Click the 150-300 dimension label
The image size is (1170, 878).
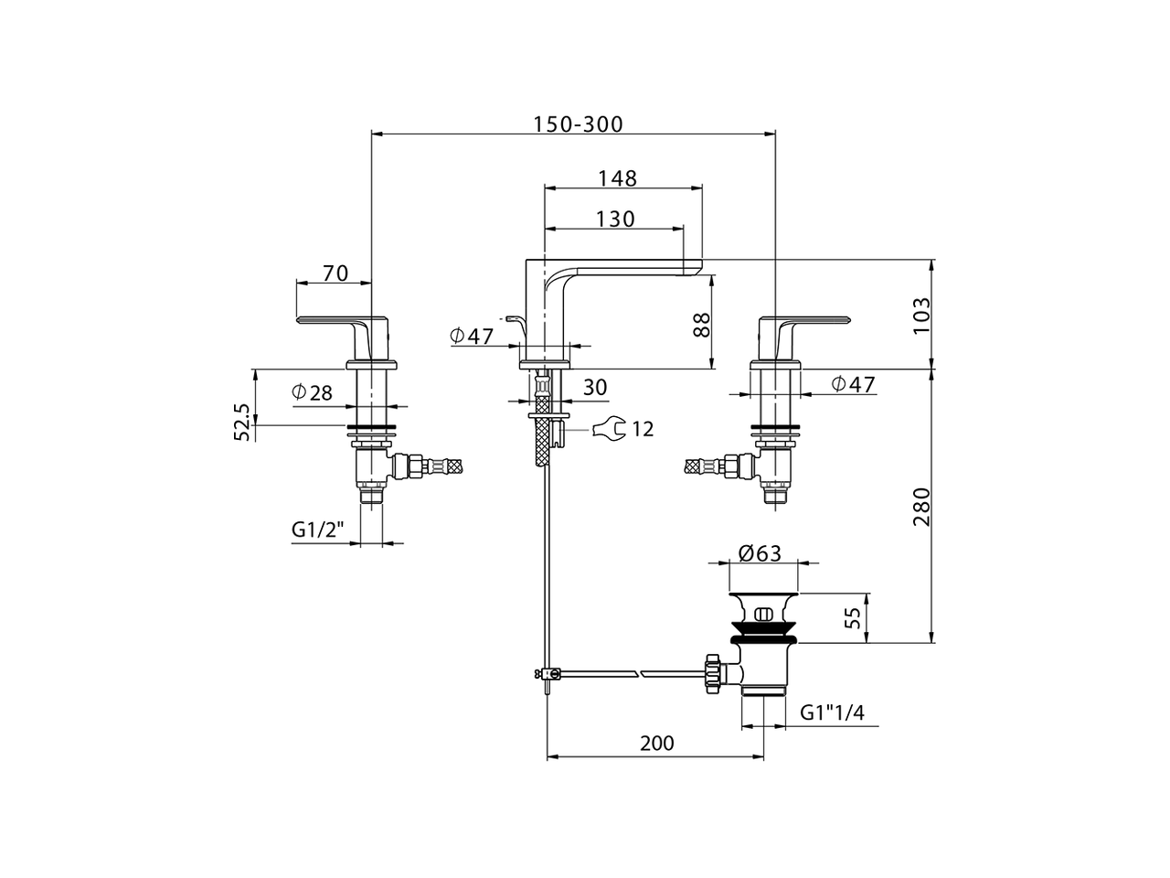(577, 124)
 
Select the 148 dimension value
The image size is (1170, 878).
(617, 178)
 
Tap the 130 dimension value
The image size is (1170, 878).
(615, 219)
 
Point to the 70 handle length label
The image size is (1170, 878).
(335, 273)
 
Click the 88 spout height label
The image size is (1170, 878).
(702, 326)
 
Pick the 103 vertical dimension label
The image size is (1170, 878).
(921, 316)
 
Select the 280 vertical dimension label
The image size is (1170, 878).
(921, 506)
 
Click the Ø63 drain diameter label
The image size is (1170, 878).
(759, 553)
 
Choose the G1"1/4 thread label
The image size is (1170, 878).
(832, 712)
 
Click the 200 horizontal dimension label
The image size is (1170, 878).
(656, 744)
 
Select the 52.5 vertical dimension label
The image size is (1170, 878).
(242, 423)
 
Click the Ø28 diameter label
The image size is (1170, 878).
(312, 393)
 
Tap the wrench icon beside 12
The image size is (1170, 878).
(609, 427)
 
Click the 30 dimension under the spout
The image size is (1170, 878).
(594, 388)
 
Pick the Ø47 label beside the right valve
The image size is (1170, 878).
(853, 384)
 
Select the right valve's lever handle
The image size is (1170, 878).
(804, 322)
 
